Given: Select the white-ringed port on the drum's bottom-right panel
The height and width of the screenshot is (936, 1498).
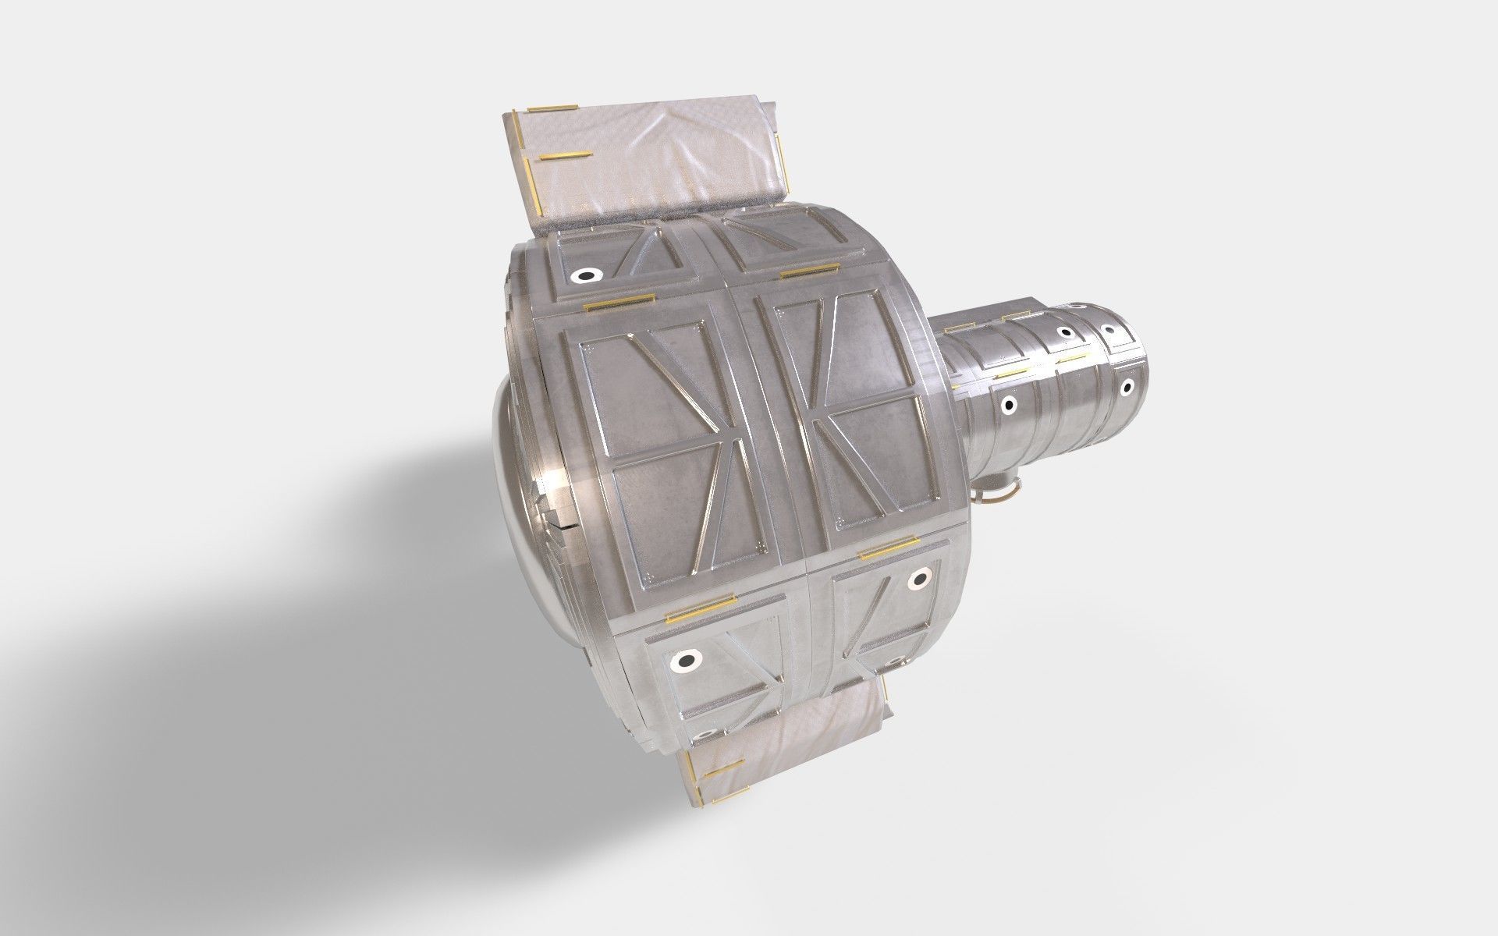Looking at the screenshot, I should [x=920, y=578].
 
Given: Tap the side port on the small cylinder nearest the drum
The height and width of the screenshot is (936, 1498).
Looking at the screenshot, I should [x=1008, y=404].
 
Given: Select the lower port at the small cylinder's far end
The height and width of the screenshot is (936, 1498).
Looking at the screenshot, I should [x=1126, y=386].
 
